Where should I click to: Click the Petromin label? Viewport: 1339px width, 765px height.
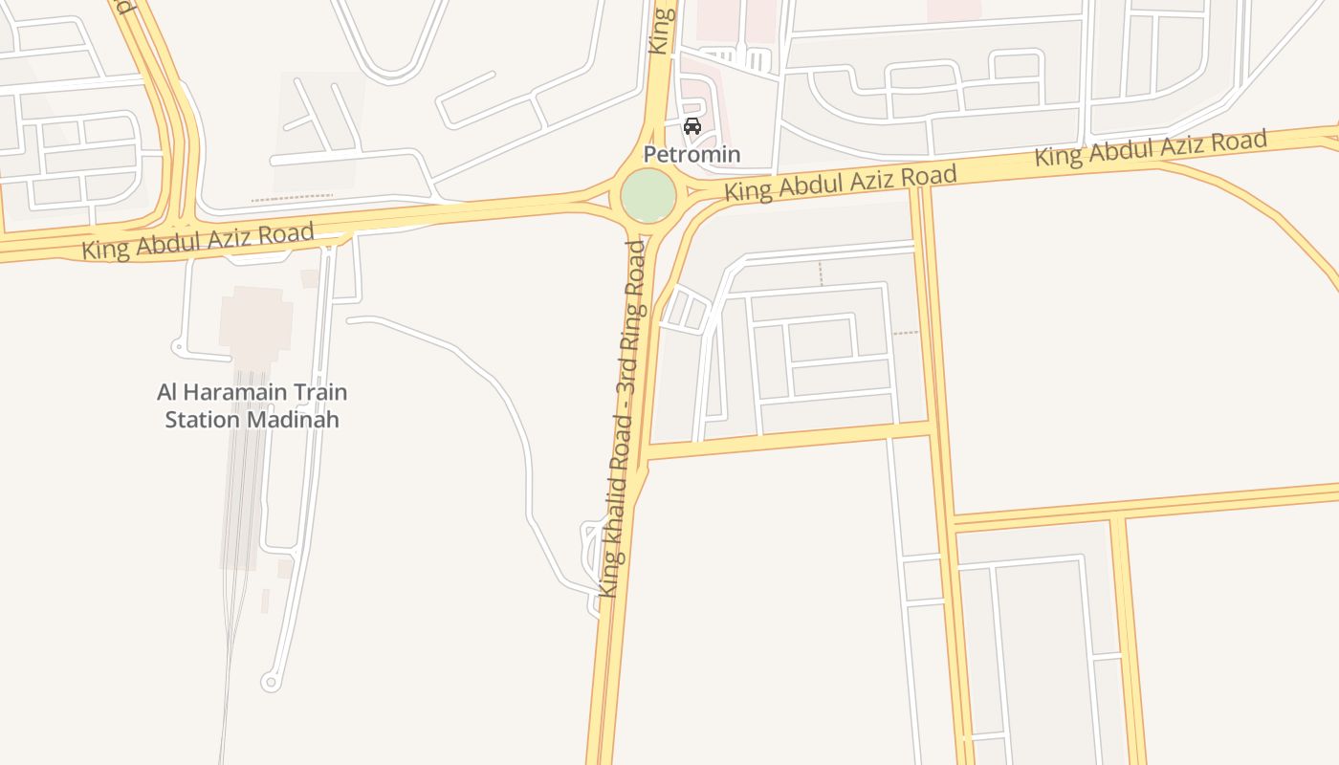691,154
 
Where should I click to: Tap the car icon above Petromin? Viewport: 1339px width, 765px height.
692,126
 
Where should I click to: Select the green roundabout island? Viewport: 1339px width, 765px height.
648,196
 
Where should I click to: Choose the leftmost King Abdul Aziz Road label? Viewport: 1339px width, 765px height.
198,240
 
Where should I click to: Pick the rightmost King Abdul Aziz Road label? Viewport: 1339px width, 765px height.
1151,149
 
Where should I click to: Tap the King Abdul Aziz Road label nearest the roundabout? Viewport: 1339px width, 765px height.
840,183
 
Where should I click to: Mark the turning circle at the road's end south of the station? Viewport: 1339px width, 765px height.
270,682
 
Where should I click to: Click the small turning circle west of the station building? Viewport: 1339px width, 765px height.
178,347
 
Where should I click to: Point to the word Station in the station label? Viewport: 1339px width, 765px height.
204,420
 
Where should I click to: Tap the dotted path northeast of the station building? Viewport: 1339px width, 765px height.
292,198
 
